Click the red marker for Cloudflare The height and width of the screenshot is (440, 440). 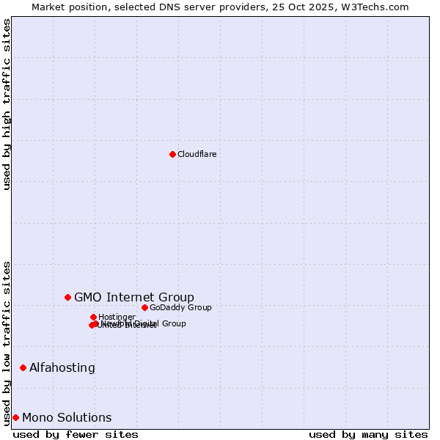coord(172,154)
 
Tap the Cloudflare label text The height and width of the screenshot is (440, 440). coord(197,154)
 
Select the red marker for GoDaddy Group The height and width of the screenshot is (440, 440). coord(144,307)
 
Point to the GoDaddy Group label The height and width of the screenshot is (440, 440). coord(180,307)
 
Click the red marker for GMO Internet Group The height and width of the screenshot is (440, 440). coord(67,297)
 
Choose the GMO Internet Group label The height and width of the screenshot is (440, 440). coord(134,297)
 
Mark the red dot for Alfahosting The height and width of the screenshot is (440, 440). coord(23,367)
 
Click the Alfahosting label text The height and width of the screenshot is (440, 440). coord(62,367)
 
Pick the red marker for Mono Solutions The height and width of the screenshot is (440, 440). coord(15,417)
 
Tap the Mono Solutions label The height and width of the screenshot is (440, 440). coord(67,417)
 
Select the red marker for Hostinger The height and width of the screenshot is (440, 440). coord(93,317)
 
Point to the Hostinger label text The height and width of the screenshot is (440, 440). coord(117,317)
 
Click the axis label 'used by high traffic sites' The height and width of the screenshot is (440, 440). coord(7,104)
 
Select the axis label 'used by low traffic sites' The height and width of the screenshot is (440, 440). coord(7,342)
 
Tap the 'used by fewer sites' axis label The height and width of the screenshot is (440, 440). coord(76,434)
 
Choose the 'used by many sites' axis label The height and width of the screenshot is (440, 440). coord(368,434)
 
